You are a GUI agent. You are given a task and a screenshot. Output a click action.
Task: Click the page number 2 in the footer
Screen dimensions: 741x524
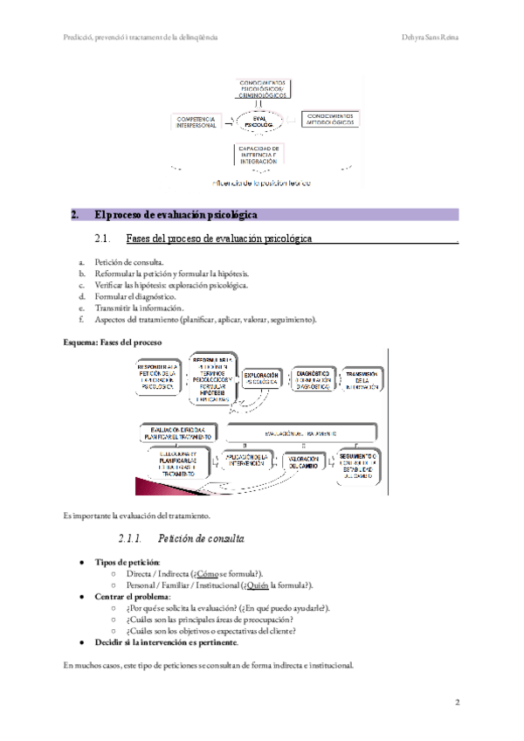point(457,702)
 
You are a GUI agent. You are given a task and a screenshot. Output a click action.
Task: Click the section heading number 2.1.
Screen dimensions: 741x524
point(102,238)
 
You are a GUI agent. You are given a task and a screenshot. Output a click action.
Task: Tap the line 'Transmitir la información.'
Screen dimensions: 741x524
point(140,308)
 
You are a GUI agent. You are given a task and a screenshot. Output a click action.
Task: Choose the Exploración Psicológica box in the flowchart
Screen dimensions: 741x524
point(261,378)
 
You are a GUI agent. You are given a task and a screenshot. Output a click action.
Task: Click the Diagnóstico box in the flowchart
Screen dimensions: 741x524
point(312,377)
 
